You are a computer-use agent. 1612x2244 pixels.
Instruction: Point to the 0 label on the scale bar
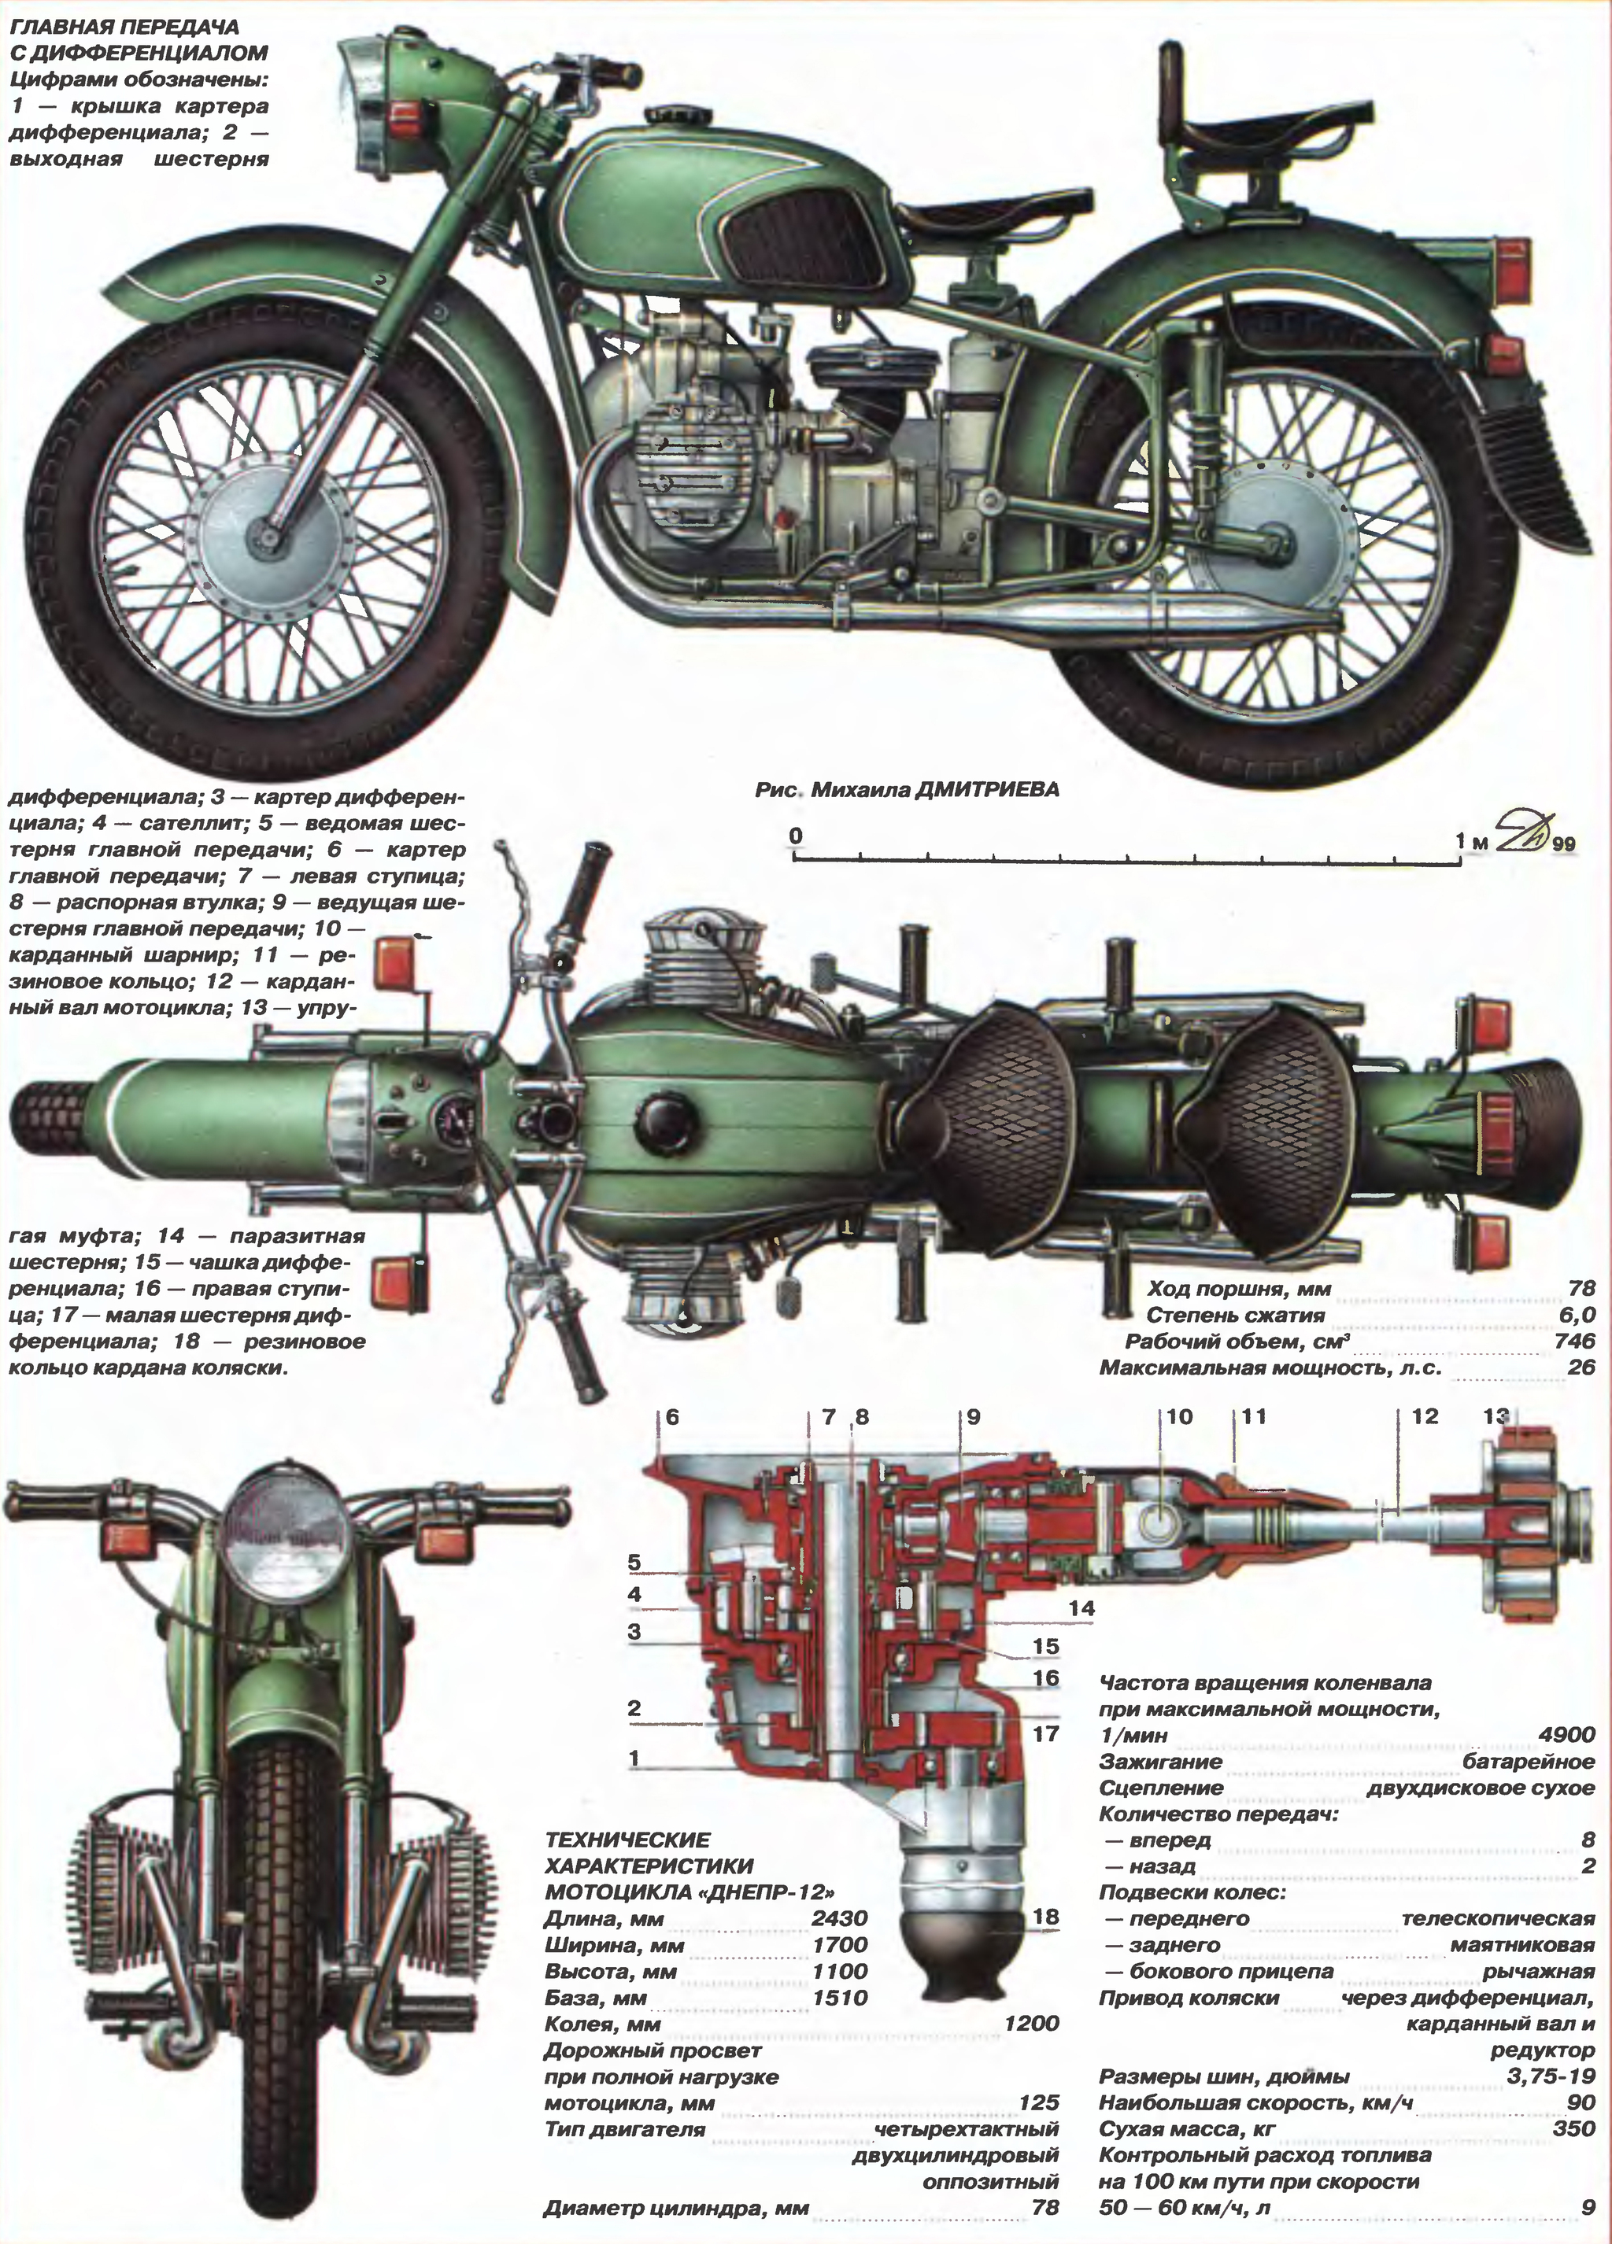796,837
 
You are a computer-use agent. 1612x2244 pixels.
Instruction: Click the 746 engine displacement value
1574,1341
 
